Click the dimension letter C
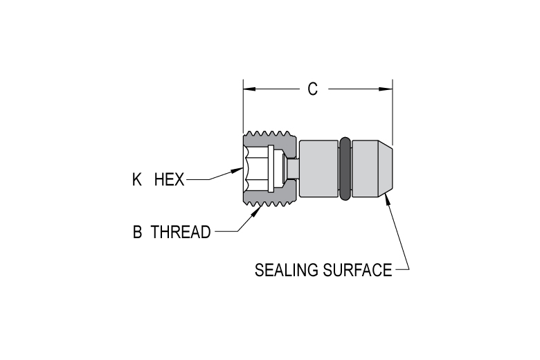(312, 89)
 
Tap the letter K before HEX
(136, 179)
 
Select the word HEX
(169, 179)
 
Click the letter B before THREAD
(137, 232)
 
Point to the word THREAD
(181, 232)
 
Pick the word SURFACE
(357, 270)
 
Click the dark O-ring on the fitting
(345, 168)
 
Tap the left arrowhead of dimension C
(249, 89)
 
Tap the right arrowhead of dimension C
(386, 89)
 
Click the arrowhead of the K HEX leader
(237, 170)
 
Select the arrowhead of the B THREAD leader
(255, 211)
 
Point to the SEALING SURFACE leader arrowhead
(388, 199)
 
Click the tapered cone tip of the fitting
(386, 168)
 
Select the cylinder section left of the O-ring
(319, 168)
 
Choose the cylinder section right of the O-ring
(365, 168)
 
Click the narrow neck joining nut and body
(293, 168)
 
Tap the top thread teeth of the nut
(269, 134)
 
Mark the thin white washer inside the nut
(271, 168)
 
